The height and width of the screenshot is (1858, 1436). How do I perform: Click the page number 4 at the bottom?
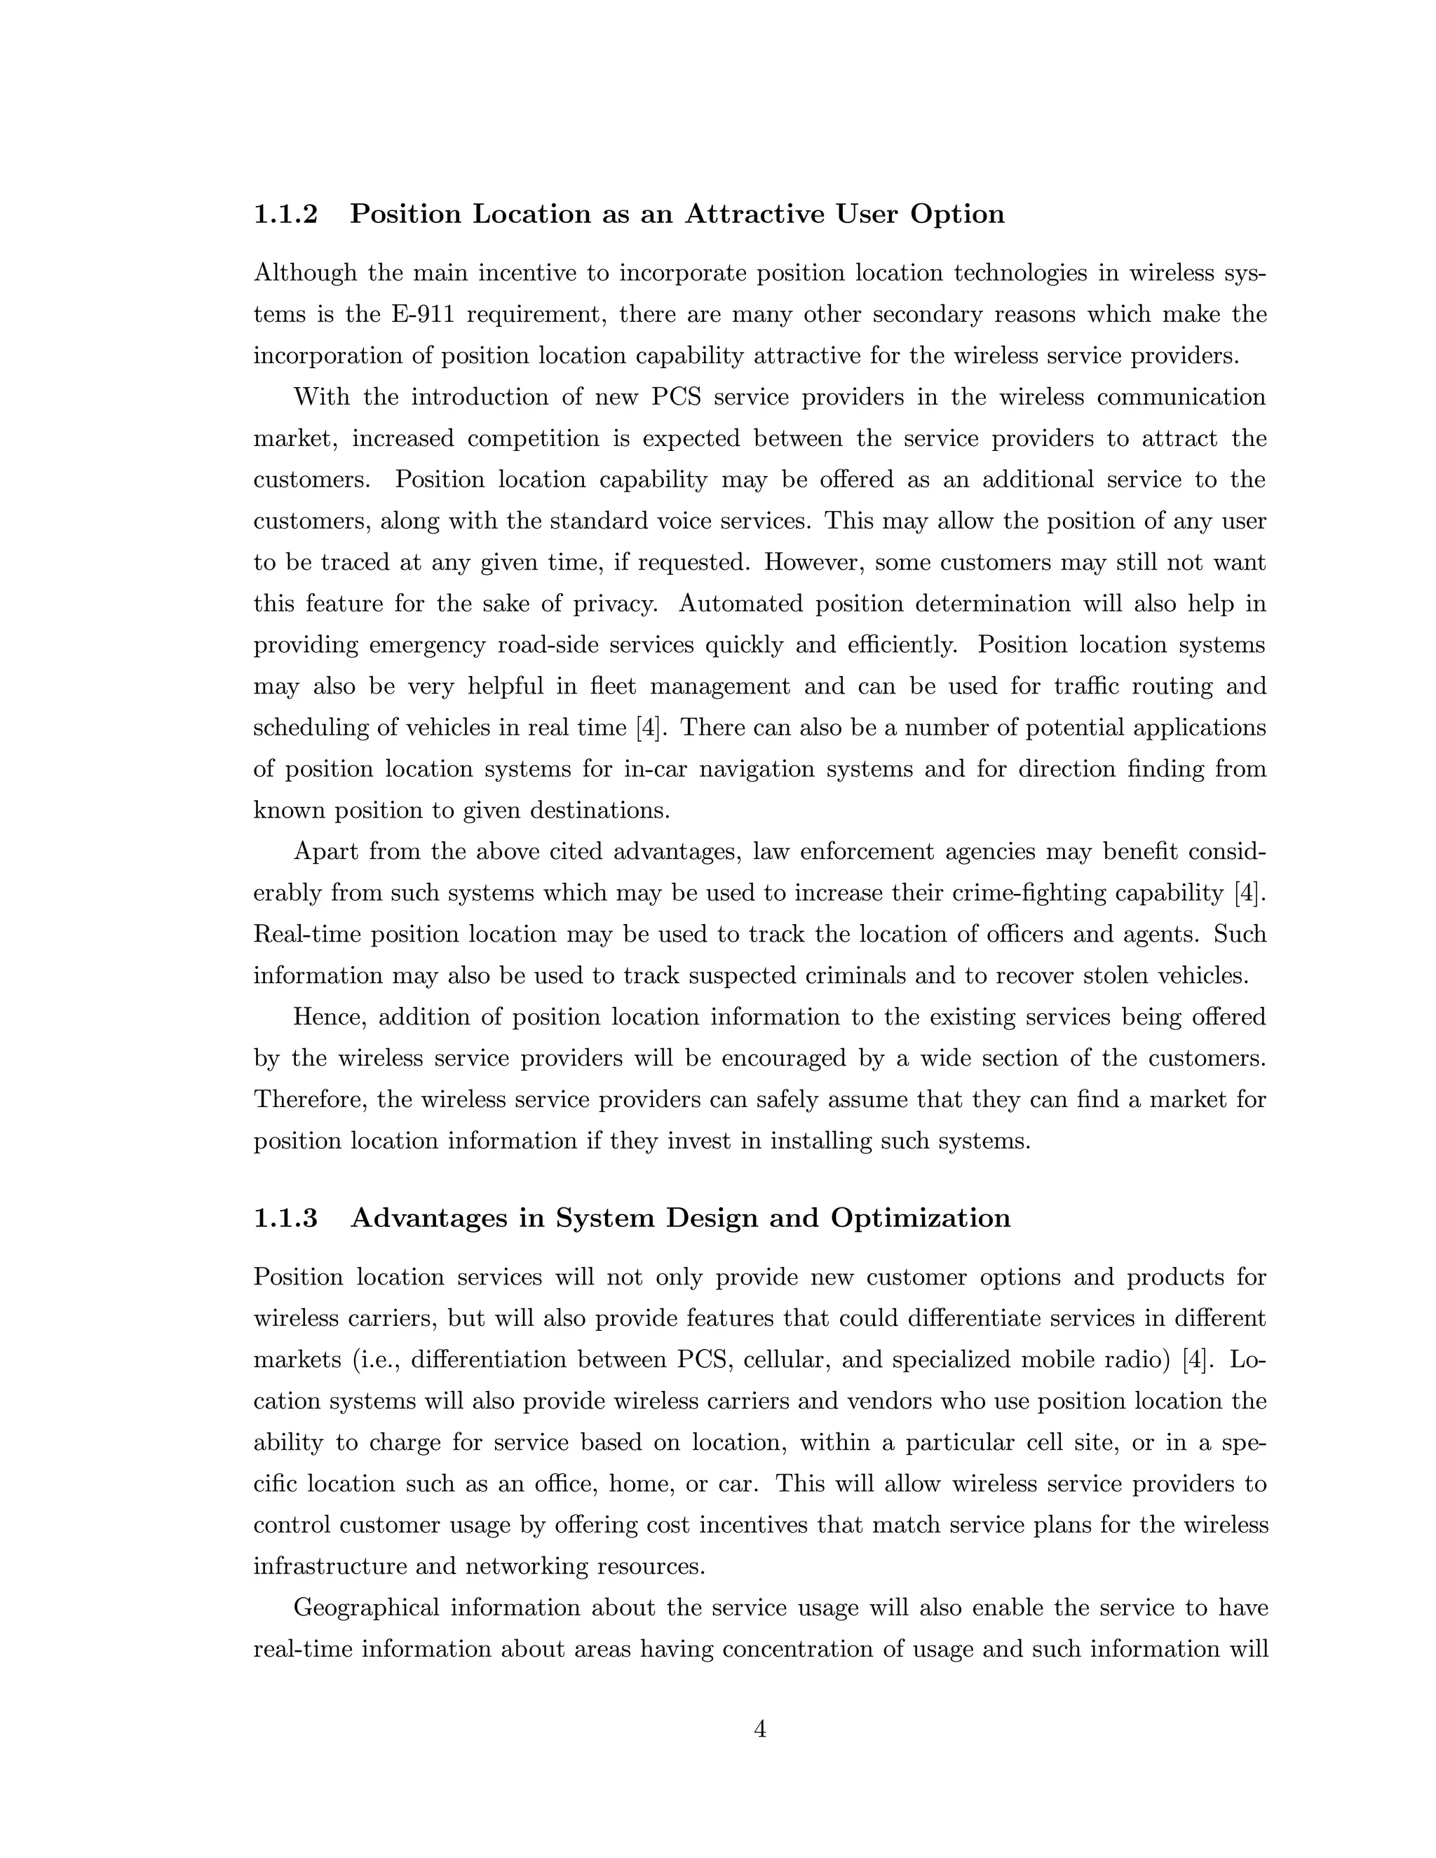click(x=759, y=1729)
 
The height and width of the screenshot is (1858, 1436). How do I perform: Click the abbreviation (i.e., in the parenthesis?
click(x=376, y=1359)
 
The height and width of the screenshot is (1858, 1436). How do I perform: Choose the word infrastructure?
click(x=327, y=1566)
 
